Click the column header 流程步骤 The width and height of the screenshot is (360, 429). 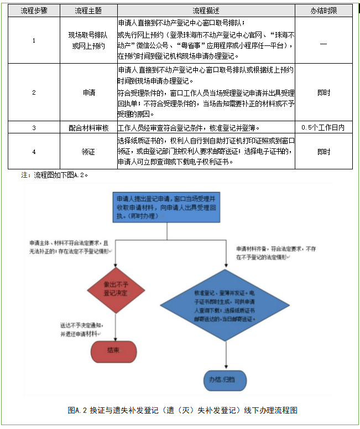point(33,11)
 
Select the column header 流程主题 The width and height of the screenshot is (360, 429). point(88,11)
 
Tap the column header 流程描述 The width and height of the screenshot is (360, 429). point(206,11)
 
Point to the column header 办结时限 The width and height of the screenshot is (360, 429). point(324,11)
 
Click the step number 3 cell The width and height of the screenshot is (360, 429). point(33,127)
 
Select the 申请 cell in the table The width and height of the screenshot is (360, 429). point(88,92)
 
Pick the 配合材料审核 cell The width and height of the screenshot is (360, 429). point(88,127)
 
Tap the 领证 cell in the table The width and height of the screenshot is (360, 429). point(88,151)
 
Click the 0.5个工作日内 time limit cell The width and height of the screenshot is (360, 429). point(324,127)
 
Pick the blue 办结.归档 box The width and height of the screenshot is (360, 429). point(225,379)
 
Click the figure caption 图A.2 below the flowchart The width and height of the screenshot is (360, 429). point(182,410)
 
